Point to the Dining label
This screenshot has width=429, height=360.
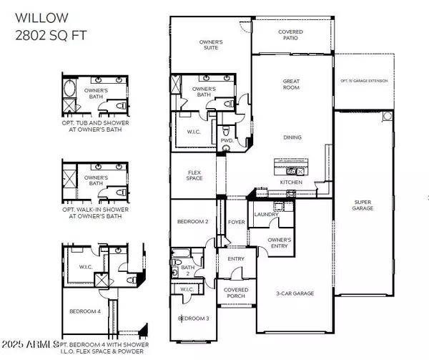point(292,137)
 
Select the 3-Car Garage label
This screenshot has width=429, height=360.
point(295,293)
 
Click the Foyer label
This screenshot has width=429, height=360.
point(236,223)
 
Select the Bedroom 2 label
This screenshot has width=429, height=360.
point(192,222)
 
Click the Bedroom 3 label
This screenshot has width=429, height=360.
point(192,318)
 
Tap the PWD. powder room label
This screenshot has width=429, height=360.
point(227,141)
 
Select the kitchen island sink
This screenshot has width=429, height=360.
point(293,171)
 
